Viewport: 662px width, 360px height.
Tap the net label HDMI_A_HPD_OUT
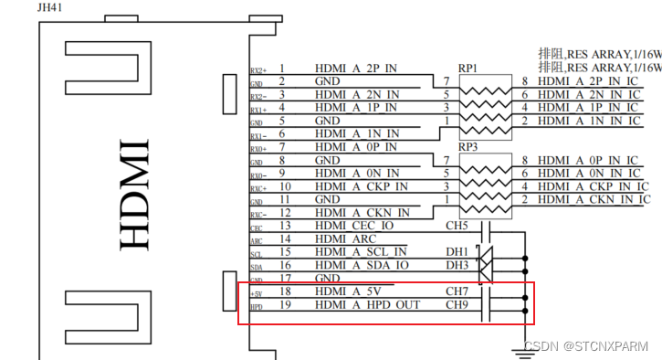point(367,304)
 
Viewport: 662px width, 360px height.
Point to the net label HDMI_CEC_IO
point(354,226)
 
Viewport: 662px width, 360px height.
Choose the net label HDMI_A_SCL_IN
point(361,252)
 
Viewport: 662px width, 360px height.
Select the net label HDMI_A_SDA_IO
point(361,265)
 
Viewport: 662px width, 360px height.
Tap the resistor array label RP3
point(468,146)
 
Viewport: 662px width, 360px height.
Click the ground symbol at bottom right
point(526,345)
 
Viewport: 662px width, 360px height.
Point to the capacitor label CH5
point(457,226)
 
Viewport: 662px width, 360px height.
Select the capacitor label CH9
point(457,304)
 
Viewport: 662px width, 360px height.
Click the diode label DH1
point(457,252)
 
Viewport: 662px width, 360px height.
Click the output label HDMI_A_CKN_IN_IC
point(594,199)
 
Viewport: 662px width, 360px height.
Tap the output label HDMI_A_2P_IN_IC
point(589,81)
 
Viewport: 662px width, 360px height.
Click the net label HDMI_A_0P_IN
point(356,147)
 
